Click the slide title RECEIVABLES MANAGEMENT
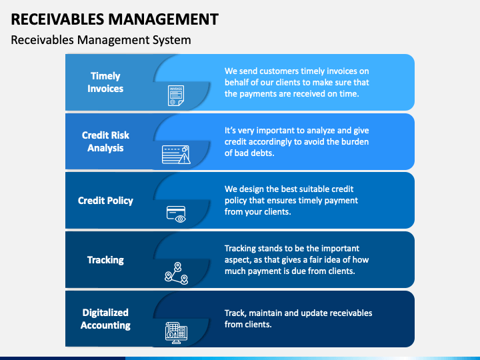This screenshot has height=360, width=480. point(114,19)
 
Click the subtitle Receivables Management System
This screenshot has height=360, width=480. point(101,40)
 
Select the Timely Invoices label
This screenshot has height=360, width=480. point(105,82)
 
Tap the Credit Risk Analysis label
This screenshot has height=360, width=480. point(105,141)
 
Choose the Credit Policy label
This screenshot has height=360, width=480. point(105,200)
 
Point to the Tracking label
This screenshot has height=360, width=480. point(105,259)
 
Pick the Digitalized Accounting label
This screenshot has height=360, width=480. point(105,319)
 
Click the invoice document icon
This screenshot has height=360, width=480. point(176,95)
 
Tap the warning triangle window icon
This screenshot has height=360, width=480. point(176,155)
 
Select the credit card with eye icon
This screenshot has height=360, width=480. point(176,213)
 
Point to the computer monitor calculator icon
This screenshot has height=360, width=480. point(176,332)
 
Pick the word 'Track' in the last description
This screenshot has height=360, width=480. point(235,313)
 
